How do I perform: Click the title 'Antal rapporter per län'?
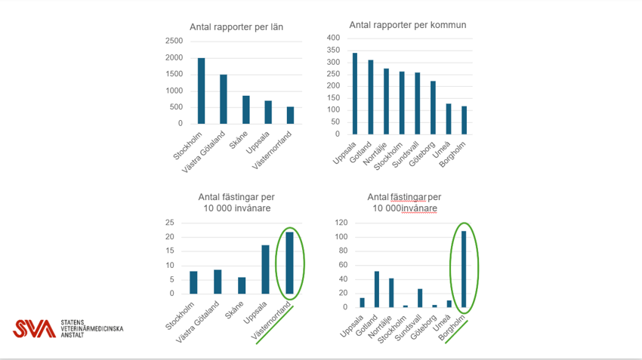pos(236,27)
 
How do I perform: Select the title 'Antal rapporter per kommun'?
pos(408,25)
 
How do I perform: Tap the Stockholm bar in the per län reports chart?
pos(201,91)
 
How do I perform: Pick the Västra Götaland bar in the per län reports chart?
pos(223,99)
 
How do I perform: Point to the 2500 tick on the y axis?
pos(174,41)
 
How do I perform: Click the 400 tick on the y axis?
pos(333,38)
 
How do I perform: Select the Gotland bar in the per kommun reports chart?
pos(371,97)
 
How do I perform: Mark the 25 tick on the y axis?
pos(169,223)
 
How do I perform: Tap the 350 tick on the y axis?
pos(333,50)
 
